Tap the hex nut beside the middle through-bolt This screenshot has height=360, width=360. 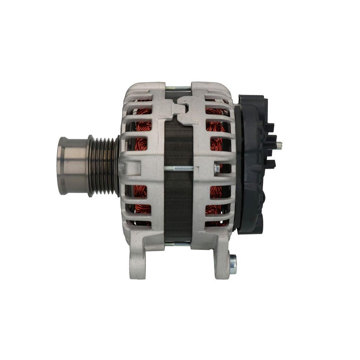217,168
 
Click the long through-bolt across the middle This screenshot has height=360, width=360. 179,168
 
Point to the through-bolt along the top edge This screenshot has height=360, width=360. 178,88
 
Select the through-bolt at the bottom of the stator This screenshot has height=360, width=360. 178,243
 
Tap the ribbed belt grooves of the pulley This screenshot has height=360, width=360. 104,166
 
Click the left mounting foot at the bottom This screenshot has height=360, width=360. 138,260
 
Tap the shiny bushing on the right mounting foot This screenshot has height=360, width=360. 233,264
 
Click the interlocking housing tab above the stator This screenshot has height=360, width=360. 183,109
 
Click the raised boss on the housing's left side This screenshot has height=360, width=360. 131,168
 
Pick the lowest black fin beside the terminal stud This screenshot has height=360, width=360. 270,163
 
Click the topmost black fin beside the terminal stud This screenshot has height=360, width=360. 269,127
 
